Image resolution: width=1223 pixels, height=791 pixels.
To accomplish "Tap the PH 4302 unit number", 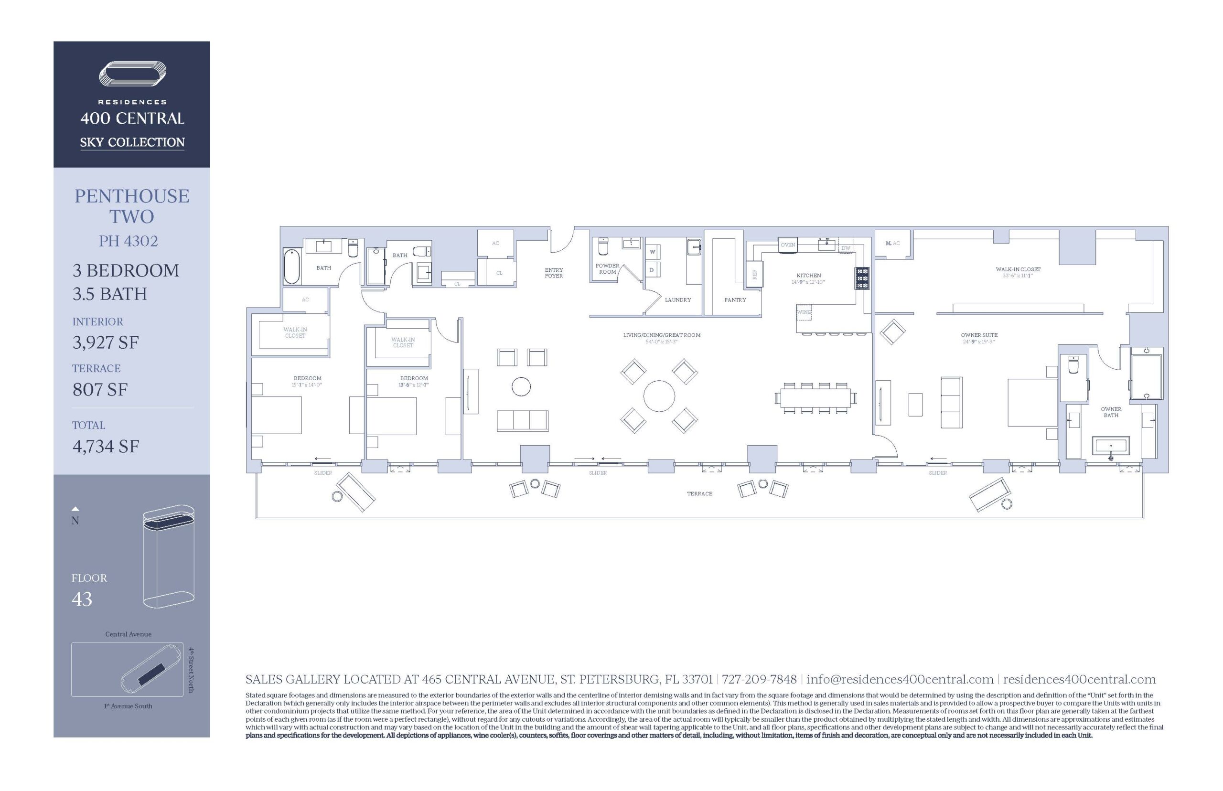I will tap(128, 241).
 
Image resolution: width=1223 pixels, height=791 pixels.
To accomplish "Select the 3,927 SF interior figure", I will tap(105, 342).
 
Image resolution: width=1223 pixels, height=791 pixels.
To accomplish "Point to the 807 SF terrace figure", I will tap(100, 390).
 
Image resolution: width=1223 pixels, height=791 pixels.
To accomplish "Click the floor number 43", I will tap(82, 599).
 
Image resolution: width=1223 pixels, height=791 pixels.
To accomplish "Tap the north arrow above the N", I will tap(75, 509).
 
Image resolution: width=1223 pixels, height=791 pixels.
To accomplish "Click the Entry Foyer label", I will tap(553, 273).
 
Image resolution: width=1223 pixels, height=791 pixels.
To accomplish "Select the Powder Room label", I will tap(607, 268).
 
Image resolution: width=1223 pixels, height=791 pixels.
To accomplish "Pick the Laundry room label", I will tap(677, 299).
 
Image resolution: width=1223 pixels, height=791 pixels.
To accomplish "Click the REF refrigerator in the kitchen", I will tap(754, 274).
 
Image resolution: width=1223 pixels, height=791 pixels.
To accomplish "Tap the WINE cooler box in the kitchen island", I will tap(804, 312).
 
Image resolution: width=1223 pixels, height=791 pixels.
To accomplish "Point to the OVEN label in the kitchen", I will tap(787, 245).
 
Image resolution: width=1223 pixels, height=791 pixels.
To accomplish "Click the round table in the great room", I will tap(658, 395).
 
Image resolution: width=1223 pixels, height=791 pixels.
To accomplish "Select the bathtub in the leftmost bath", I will tap(291, 266).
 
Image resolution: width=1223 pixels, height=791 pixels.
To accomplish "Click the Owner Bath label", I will tap(1111, 412).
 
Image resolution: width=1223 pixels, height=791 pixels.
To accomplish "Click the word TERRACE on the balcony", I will tap(699, 493).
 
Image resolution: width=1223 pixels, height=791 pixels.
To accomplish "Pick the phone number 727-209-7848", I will tap(759, 679).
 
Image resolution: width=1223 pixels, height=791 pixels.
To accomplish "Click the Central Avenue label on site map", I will tap(128, 634).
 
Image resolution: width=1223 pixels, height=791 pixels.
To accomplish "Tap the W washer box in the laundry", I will tap(652, 252).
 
